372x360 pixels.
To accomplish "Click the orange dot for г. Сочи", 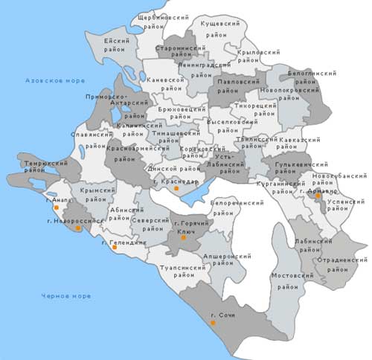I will pos(213,322).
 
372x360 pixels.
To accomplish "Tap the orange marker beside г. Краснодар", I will pos(176,189).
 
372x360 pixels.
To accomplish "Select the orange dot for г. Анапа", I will pos(57,208).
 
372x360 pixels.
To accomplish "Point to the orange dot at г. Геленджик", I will pos(115,248).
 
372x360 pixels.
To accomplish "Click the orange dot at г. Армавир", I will pos(318,196).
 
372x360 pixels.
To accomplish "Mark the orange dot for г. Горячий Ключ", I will pos(183,237).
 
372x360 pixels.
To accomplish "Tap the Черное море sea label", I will pos(67,296).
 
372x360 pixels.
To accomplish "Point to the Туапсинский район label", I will pos(182,270).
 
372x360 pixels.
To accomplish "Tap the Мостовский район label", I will pos(293,280).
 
